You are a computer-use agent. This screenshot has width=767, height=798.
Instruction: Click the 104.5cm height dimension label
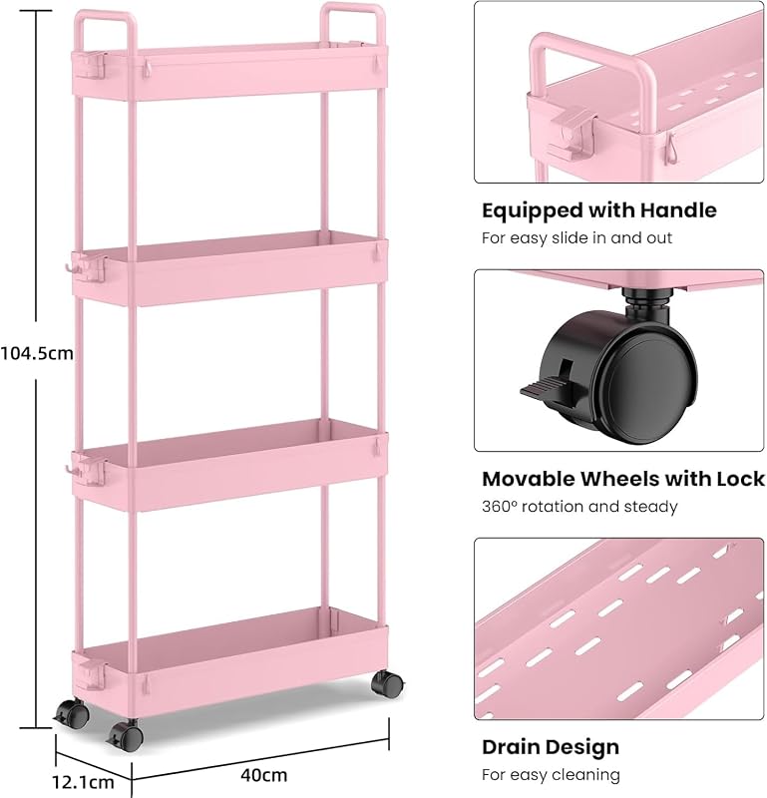pyautogui.click(x=37, y=353)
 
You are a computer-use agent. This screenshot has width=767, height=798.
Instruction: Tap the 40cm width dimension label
pyautogui.click(x=263, y=775)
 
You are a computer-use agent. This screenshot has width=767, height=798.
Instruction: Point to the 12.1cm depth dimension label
pyautogui.click(x=83, y=782)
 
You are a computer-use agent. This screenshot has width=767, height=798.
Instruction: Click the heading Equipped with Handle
pyautogui.click(x=599, y=210)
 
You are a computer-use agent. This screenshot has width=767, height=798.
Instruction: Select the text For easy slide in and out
pyautogui.click(x=576, y=237)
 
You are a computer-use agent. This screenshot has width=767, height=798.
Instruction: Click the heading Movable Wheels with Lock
pyautogui.click(x=623, y=479)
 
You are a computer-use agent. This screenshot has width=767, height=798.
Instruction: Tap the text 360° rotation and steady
pyautogui.click(x=579, y=507)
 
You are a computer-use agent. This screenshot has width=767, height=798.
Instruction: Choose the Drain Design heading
pyautogui.click(x=551, y=747)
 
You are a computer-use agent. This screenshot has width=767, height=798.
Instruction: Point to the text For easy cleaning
pyautogui.click(x=551, y=775)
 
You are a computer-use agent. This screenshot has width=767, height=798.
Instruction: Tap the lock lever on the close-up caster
pyautogui.click(x=548, y=388)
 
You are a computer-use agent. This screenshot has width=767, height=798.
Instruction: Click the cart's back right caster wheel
pyautogui.click(x=387, y=683)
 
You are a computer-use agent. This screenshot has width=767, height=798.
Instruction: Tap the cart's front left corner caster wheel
pyautogui.click(x=126, y=736)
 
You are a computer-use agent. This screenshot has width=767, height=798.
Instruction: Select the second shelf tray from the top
pyautogui.click(x=230, y=268)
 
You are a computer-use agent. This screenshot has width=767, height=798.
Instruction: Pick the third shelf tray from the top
pyautogui.click(x=230, y=464)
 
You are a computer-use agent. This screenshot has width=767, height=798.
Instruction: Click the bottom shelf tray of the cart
pyautogui.click(x=230, y=661)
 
